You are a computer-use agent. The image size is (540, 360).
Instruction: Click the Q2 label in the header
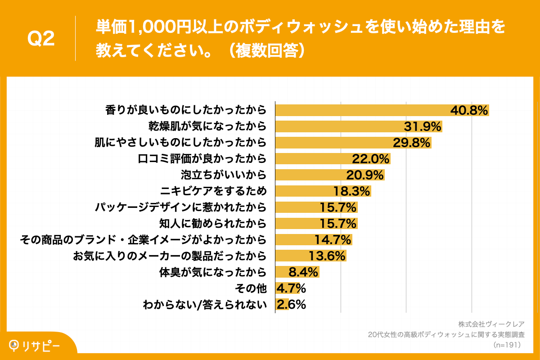(41, 39)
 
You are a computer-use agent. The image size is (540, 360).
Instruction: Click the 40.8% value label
(469, 110)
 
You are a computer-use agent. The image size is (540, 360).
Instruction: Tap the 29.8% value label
(412, 143)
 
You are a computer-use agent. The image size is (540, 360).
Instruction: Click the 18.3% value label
(351, 191)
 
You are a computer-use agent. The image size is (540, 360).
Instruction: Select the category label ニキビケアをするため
(213, 191)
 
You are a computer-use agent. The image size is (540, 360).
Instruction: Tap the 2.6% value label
(292, 305)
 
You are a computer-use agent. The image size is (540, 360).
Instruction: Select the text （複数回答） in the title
(268, 50)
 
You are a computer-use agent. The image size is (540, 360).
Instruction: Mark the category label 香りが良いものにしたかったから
(186, 110)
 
